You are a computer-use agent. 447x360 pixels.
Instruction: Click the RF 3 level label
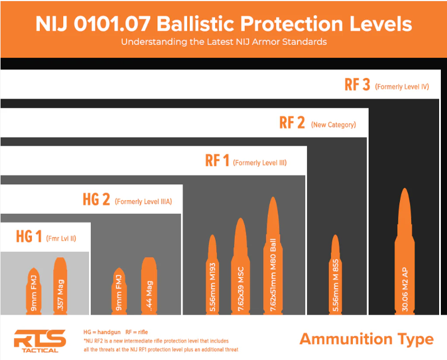click(357, 85)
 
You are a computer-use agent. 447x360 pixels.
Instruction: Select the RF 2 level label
click(292, 123)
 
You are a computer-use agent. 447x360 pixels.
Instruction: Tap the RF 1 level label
click(217, 161)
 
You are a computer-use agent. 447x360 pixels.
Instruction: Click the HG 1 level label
click(29, 237)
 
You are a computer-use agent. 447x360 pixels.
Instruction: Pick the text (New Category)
click(333, 124)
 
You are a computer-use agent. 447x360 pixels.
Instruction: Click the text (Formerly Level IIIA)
click(143, 201)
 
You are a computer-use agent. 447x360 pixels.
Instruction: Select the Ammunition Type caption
click(366, 339)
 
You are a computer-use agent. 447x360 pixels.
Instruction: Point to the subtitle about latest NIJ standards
click(223, 42)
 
